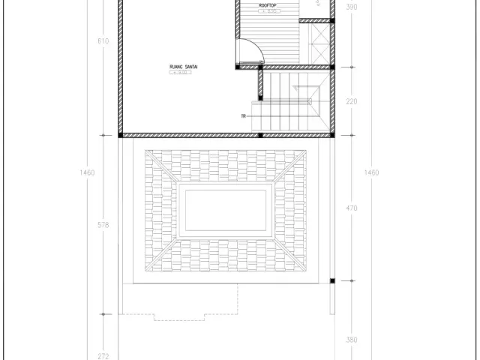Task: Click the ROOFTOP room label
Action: [x=268, y=6]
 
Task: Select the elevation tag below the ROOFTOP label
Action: [x=268, y=13]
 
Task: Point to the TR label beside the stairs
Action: [x=244, y=116]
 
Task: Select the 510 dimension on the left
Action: [x=103, y=41]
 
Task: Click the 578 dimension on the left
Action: [x=103, y=224]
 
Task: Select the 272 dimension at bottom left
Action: [x=103, y=355]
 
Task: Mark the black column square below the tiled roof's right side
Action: [x=331, y=281]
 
